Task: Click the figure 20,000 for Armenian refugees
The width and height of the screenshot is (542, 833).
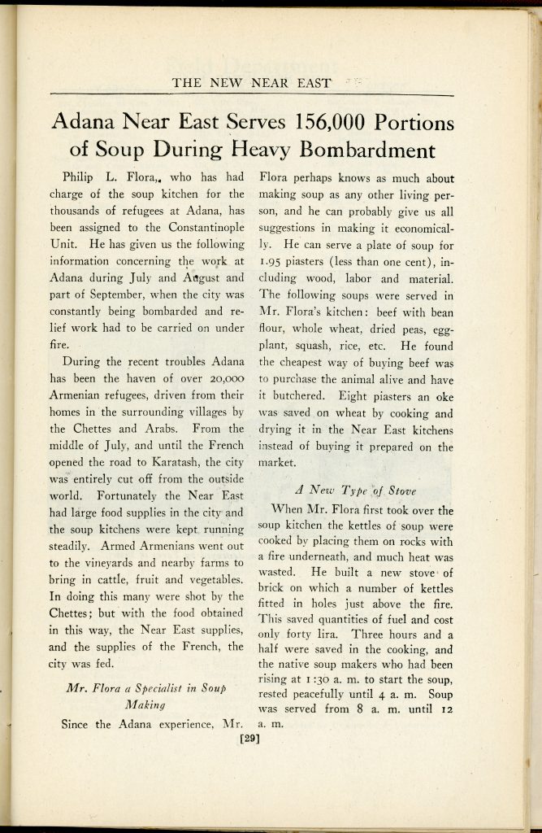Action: click(223, 361)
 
